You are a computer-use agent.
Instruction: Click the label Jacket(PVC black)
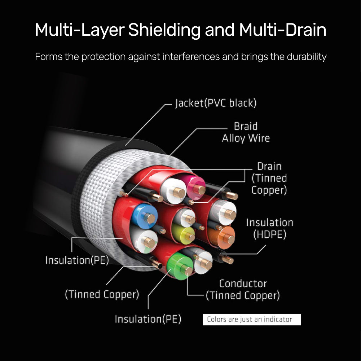pos(216,103)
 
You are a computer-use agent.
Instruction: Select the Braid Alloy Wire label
pos(246,132)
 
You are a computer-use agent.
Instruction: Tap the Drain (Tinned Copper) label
pos(269,178)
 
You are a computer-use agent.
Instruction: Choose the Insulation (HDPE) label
pos(269,229)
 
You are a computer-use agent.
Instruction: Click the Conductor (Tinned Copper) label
pos(243,290)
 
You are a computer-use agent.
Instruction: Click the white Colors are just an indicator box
pos(252,320)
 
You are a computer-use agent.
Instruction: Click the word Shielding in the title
pos(164,30)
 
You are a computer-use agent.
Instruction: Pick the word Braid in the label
pos(246,126)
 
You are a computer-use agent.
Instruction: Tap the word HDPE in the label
pos(269,235)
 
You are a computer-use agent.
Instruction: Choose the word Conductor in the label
pos(243,283)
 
